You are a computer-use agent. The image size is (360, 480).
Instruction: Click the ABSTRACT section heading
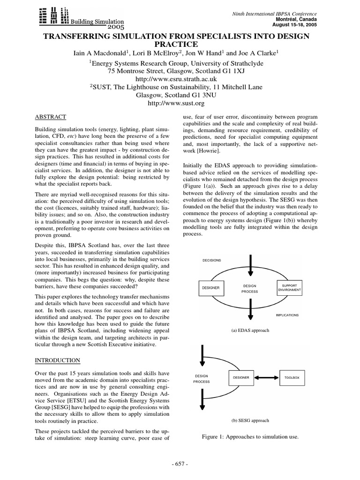[x=51, y=117]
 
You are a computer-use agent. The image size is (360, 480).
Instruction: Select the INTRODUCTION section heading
[x=58, y=360]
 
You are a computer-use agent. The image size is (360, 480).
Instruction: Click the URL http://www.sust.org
[x=176, y=103]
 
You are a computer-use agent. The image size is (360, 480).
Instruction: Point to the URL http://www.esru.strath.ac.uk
[x=176, y=79]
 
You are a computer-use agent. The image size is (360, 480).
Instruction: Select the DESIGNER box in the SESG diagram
[x=242, y=377]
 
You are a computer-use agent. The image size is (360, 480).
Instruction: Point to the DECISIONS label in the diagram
[x=212, y=260]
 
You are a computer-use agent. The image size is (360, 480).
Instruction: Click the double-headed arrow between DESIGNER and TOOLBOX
[x=267, y=377]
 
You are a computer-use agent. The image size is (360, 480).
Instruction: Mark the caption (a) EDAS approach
[x=250, y=330]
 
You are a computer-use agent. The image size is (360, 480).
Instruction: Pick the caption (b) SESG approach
[x=250, y=420]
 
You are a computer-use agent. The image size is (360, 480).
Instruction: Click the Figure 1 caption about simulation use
[x=250, y=437]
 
